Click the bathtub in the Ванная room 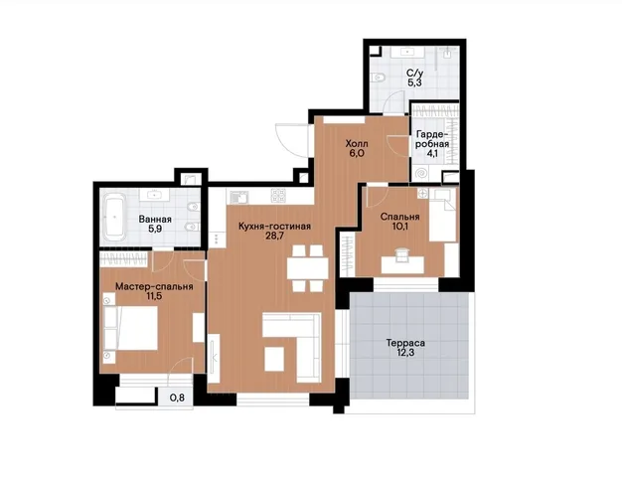point(114,218)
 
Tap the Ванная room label point(155,220)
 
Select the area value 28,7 point(274,237)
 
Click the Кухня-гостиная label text point(274,227)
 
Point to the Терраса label point(405,343)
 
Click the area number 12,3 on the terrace point(405,352)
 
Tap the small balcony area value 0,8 point(177,398)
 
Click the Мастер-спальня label point(154,286)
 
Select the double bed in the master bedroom point(131,328)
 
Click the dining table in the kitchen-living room point(308,269)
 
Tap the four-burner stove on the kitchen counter point(278,196)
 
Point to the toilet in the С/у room point(378,77)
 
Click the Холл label point(357,143)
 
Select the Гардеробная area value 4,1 point(432,153)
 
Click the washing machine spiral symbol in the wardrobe point(421,174)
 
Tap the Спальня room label point(399,217)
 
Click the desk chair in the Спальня point(402,254)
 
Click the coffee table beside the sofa point(274,359)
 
